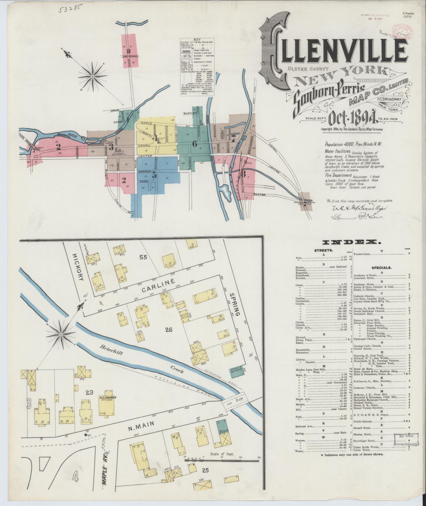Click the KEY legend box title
(197, 39)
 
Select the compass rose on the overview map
(92, 76)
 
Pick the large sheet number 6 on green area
(195, 144)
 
